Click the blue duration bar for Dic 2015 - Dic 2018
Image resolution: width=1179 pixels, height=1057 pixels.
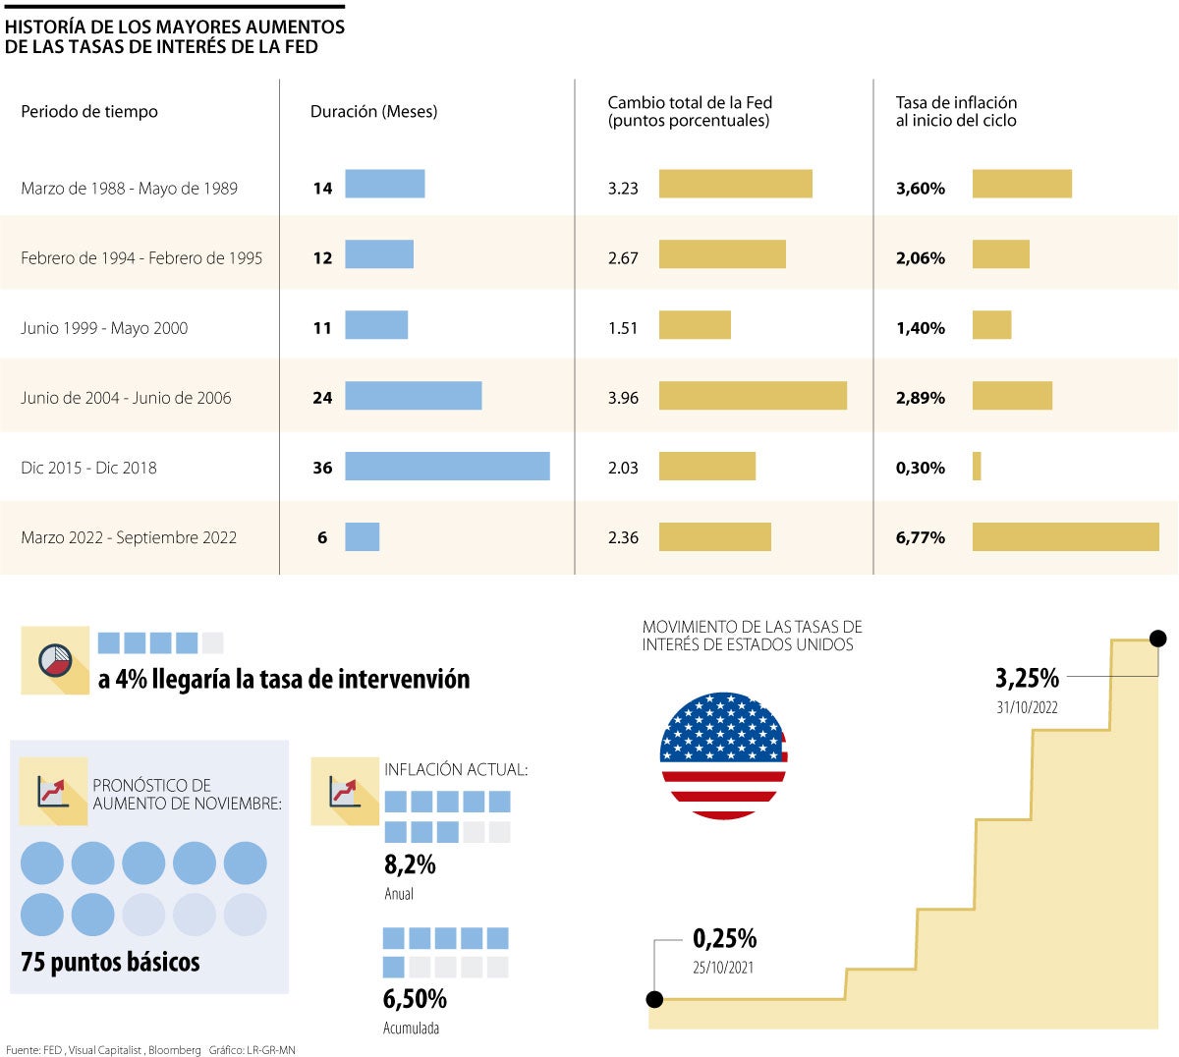[x=447, y=467]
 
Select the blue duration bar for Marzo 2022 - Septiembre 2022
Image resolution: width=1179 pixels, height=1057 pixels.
[x=363, y=537]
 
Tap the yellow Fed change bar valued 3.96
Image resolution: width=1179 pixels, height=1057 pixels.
[x=753, y=396]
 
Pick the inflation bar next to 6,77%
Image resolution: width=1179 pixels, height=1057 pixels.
[x=1065, y=536]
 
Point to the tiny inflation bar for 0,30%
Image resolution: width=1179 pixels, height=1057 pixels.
[x=977, y=467]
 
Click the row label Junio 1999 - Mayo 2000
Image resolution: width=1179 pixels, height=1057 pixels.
[x=104, y=328]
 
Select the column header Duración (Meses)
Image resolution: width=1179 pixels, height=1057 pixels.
[x=373, y=112]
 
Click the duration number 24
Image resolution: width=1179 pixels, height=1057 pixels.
[x=322, y=398]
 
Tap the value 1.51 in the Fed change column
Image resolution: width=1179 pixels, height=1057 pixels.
[x=623, y=328]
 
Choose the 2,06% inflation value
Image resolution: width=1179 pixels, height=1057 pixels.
[x=921, y=258]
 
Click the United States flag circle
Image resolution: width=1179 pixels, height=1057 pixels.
[x=723, y=755]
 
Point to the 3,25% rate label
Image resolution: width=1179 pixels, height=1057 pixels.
[x=1027, y=678]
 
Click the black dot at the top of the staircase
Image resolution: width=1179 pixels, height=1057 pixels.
[x=1157, y=639]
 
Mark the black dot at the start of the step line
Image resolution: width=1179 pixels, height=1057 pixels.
[x=655, y=999]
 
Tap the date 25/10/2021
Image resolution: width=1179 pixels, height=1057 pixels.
[x=723, y=968]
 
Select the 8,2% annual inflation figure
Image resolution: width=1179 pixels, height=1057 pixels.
[x=410, y=864]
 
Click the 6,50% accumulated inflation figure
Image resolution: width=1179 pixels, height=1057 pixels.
[x=415, y=999]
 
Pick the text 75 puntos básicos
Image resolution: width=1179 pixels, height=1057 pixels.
[x=110, y=962]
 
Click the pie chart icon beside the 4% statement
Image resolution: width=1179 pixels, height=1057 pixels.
[x=55, y=660]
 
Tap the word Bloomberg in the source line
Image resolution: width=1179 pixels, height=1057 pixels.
[x=175, y=1050]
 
